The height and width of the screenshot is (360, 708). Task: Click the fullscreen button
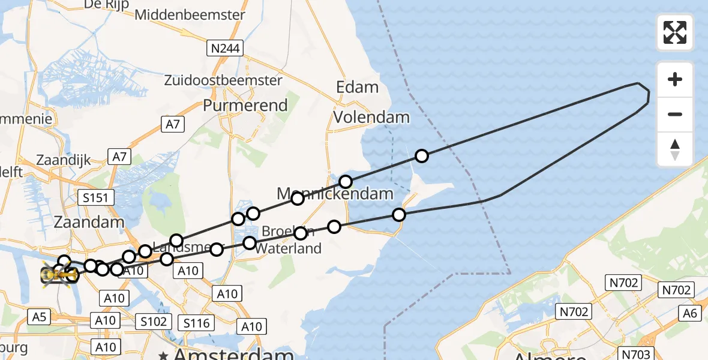pyautogui.click(x=675, y=32)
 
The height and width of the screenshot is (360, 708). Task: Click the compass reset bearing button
pyautogui.click(x=675, y=149)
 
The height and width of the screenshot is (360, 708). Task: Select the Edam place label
pyautogui.click(x=357, y=87)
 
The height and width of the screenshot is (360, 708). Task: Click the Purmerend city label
pyautogui.click(x=245, y=105)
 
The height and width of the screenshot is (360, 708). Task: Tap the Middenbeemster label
pyautogui.click(x=190, y=15)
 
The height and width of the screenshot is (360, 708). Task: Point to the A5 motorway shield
pyautogui.click(x=39, y=317)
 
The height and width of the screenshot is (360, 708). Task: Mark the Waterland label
pyautogui.click(x=288, y=248)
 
